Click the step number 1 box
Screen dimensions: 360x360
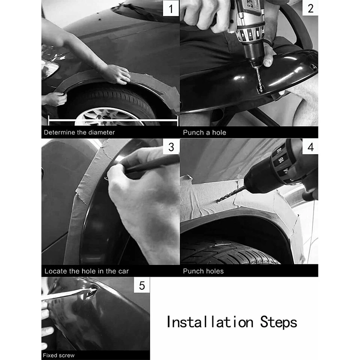pyautogui.click(x=171, y=8)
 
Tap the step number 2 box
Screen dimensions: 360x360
pyautogui.click(x=310, y=8)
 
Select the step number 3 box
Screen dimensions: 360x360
pyautogui.click(x=171, y=147)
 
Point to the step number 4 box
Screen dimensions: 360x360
pyautogui.click(x=310, y=147)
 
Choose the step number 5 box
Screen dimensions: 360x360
pyautogui.click(x=142, y=285)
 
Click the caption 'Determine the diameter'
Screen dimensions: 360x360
pyautogui.click(x=79, y=132)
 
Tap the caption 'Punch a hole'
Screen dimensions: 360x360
pyautogui.click(x=204, y=132)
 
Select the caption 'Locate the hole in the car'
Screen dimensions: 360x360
pyautogui.click(x=87, y=271)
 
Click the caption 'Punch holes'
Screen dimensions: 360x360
pyautogui.click(x=203, y=271)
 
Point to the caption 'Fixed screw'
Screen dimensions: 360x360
pyautogui.click(x=59, y=355)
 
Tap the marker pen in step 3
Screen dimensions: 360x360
pyautogui.click(x=150, y=165)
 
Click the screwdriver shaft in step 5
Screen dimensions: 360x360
pyautogui.click(x=64, y=295)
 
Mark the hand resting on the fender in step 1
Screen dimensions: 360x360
pyautogui.click(x=116, y=74)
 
